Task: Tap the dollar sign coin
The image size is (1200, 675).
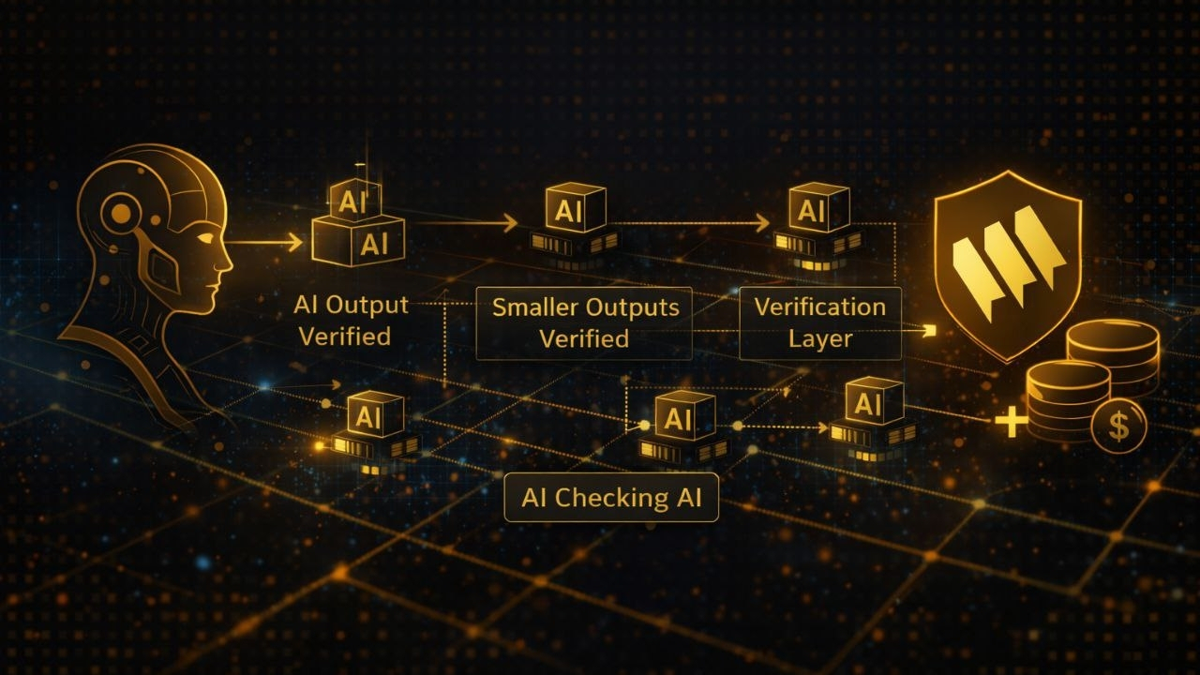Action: click(1118, 427)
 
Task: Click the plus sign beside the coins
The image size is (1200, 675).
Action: click(1011, 422)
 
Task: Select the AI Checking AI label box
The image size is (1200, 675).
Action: click(611, 498)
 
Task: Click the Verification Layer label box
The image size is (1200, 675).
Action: click(820, 323)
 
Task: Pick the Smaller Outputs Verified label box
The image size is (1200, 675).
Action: click(584, 323)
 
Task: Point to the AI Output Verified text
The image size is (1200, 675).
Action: click(351, 320)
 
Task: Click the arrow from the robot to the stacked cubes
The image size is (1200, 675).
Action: click(267, 243)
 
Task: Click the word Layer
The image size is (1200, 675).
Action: click(820, 338)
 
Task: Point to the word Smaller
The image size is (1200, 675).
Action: click(534, 307)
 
